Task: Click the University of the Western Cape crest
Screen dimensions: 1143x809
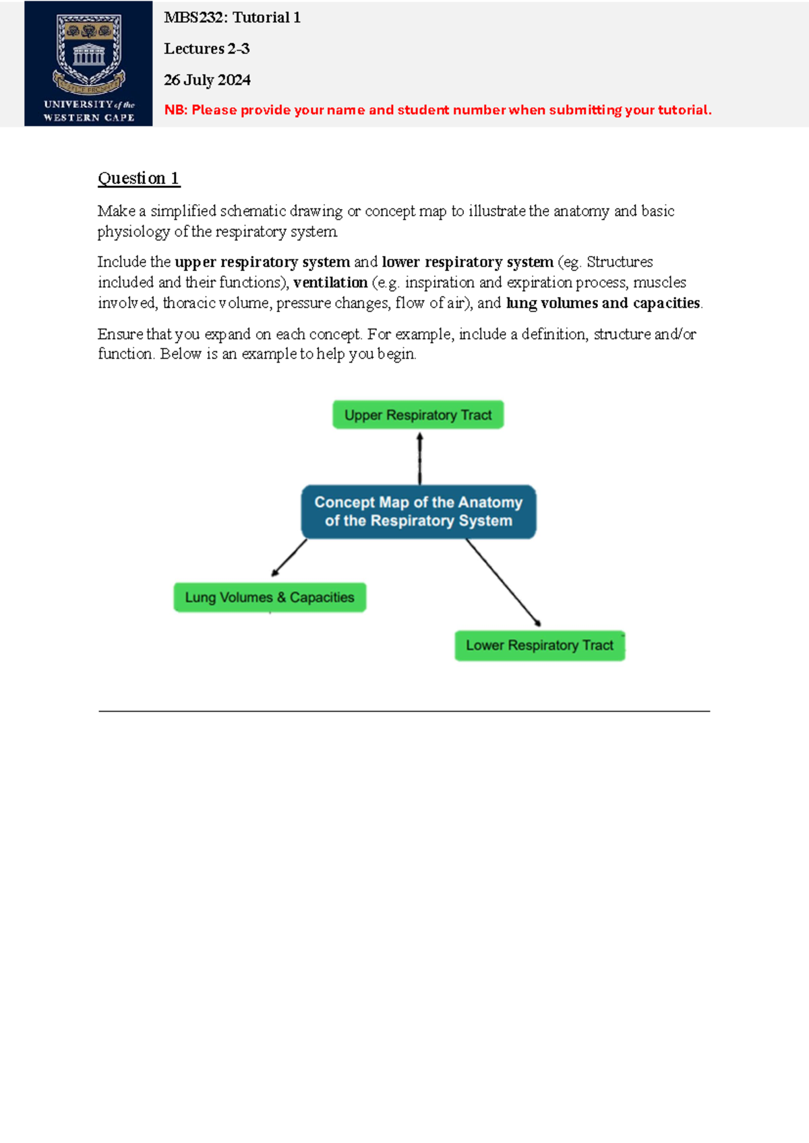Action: tap(89, 54)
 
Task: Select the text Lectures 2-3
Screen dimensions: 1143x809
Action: tap(206, 49)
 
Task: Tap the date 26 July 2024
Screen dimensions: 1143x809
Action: tap(207, 80)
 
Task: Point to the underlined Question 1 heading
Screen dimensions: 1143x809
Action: tap(138, 178)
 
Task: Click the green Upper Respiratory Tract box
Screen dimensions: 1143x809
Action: tap(418, 414)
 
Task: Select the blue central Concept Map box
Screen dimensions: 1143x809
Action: tap(418, 512)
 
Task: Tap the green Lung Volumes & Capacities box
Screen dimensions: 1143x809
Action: tap(270, 597)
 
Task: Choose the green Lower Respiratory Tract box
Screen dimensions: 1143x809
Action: tap(539, 646)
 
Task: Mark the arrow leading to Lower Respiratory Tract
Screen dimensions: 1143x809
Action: tap(503, 582)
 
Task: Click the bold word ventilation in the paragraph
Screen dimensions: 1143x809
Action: tap(330, 282)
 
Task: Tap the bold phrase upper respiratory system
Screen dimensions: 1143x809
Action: tap(262, 261)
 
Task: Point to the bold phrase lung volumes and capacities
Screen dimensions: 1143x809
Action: tap(603, 303)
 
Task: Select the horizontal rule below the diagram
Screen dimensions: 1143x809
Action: tap(404, 711)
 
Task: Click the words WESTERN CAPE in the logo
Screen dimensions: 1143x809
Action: tap(89, 117)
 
